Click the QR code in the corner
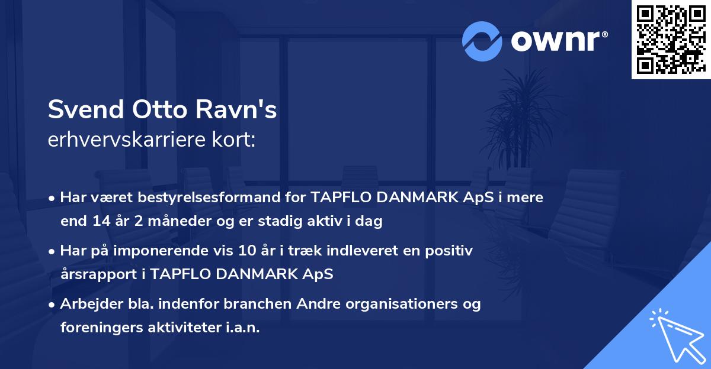(x=671, y=40)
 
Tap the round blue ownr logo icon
(x=482, y=41)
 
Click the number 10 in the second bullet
(x=245, y=251)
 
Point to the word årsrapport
(x=95, y=274)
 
